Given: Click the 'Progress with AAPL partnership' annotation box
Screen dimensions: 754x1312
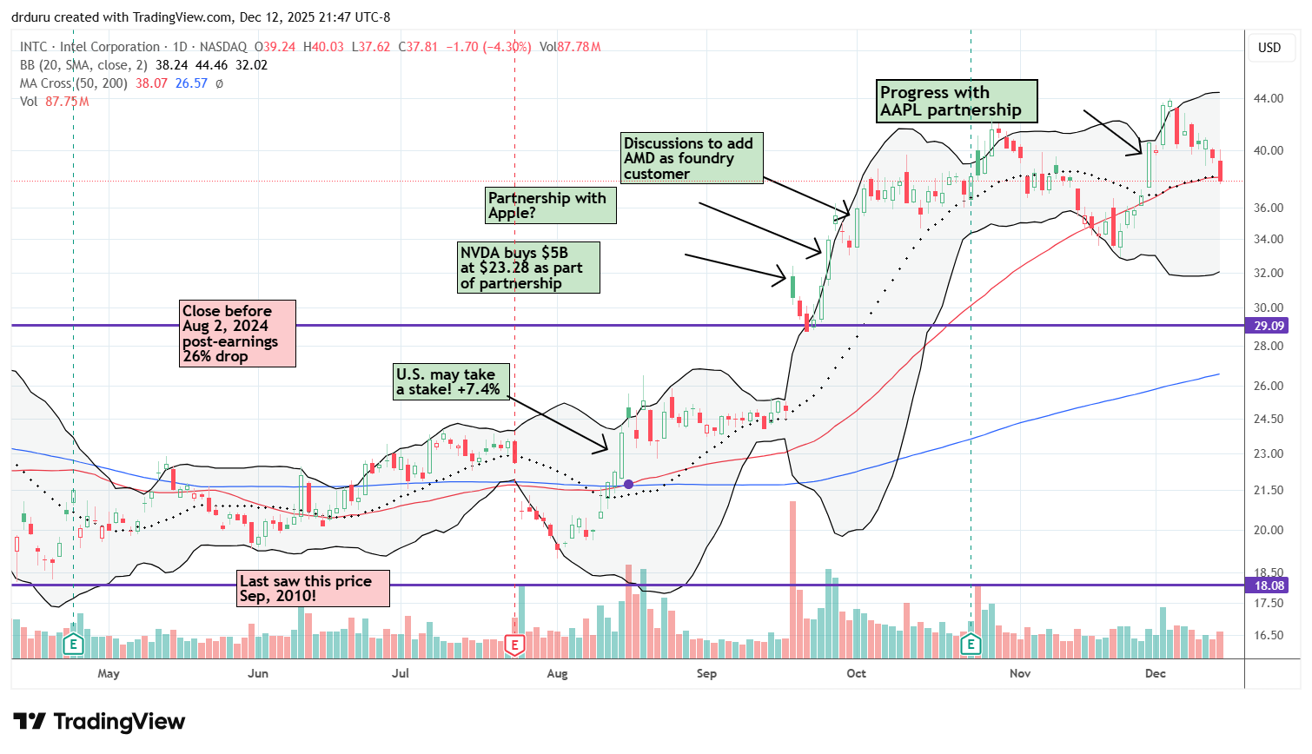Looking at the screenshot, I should (x=957, y=102).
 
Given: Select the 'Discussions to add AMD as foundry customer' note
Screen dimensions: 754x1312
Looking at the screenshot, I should (x=692, y=158).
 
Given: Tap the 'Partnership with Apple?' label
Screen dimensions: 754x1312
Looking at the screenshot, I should (x=550, y=206).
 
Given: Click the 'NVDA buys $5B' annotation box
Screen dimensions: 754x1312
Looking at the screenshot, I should (x=528, y=268).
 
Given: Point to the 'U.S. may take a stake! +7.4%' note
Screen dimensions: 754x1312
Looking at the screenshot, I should (x=450, y=381).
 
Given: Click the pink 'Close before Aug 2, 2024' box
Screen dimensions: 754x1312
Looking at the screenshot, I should (x=237, y=334).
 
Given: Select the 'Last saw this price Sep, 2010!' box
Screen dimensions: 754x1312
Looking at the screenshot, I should (x=313, y=588).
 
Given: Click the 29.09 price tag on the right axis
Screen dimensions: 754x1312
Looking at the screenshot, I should (x=1269, y=326).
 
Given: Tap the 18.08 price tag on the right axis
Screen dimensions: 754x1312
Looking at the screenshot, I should (x=1269, y=585).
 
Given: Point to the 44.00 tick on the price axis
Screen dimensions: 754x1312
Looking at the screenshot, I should (x=1269, y=98).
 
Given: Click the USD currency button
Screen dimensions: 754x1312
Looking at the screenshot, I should (x=1269, y=48).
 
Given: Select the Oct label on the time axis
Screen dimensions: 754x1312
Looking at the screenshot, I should (x=856, y=673).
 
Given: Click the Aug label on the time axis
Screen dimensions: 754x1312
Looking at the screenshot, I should (x=557, y=673).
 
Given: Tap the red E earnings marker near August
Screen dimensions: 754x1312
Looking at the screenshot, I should (x=514, y=645).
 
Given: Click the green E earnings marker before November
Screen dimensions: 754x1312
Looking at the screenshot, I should (x=971, y=645).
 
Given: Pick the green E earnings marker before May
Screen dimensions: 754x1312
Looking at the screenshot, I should (x=73, y=645).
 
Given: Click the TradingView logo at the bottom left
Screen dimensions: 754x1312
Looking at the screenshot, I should (x=99, y=722).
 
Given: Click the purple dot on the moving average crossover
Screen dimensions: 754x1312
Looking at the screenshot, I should (x=628, y=484).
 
